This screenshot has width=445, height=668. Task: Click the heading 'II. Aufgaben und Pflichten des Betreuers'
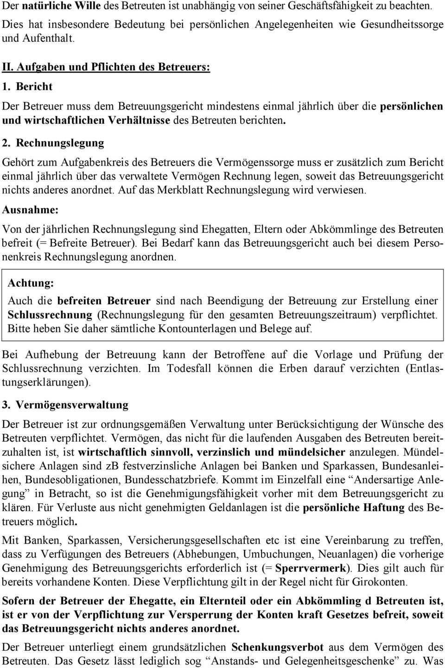click(106, 66)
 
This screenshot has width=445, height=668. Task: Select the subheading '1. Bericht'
click(27, 86)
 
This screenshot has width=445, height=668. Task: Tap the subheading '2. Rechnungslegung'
click(53, 143)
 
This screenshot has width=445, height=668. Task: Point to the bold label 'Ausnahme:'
click(30, 210)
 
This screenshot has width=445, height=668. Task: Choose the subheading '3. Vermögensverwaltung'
click(65, 405)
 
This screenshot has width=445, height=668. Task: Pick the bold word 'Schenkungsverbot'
click(277, 647)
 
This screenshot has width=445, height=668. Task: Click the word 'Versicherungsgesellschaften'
click(194, 540)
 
